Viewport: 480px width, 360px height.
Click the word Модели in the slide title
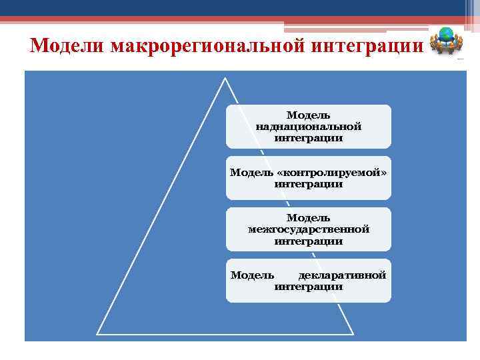click(67, 47)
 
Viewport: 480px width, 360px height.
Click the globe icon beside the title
click(445, 41)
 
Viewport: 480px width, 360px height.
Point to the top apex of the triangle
click(225, 78)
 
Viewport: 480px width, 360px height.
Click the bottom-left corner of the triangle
click(98, 333)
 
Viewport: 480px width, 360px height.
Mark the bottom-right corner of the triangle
click(352, 333)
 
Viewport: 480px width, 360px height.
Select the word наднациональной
click(308, 127)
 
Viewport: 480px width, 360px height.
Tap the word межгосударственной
click(308, 229)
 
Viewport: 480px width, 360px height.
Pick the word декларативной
click(342, 275)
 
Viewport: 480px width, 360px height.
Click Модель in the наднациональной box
click(308, 115)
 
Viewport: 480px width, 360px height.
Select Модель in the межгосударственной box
click(308, 218)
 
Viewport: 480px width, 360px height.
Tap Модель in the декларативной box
click(252, 275)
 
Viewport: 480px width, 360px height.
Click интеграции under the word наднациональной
click(308, 138)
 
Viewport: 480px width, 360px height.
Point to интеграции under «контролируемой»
click(308, 184)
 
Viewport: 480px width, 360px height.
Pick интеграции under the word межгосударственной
click(308, 241)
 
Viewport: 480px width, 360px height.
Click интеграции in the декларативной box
click(308, 287)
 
